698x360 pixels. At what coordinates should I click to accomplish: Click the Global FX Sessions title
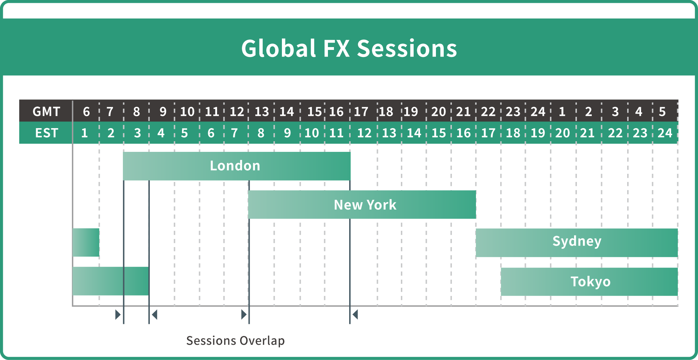[349, 48]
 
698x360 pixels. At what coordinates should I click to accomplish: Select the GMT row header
[46, 112]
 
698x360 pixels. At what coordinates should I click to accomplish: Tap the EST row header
[46, 133]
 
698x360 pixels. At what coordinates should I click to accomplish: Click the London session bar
[237, 166]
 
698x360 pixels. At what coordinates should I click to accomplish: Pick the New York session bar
[362, 205]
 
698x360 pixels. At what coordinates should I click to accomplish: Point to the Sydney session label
[577, 241]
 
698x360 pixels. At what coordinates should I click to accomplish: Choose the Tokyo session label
[591, 282]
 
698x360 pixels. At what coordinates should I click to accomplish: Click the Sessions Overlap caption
[235, 341]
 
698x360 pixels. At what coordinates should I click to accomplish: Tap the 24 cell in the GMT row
[538, 112]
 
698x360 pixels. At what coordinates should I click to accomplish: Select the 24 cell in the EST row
[665, 133]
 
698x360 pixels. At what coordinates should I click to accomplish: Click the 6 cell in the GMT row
[86, 112]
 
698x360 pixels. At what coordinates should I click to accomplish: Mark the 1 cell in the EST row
[84, 133]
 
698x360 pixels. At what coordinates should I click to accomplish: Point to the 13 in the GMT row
[262, 112]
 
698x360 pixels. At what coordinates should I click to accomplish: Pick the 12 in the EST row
[364, 133]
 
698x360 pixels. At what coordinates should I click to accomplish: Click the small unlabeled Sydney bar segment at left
[86, 242]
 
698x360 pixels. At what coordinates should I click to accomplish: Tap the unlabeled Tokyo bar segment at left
[111, 281]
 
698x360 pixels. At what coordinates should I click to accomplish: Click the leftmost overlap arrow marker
[118, 314]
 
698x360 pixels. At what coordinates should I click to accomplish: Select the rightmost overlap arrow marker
[355, 314]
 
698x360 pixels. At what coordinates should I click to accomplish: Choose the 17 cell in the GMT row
[361, 112]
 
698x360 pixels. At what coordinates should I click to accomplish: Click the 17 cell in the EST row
[488, 133]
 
